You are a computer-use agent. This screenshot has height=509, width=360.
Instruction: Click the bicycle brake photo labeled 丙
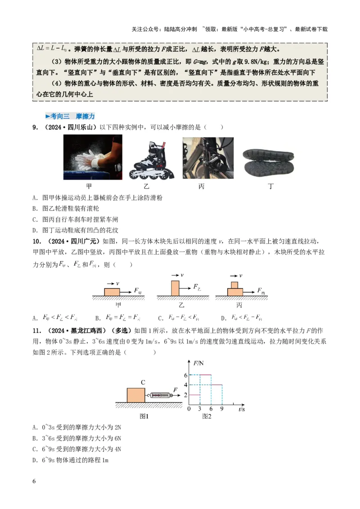(x=208, y=158)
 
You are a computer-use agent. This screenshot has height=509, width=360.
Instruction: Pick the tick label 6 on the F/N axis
(x=184, y=375)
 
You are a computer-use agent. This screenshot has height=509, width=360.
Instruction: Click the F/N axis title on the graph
(x=198, y=363)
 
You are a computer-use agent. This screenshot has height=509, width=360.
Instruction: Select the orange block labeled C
(x=136, y=395)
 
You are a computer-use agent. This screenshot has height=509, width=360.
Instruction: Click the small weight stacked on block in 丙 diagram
(x=234, y=285)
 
